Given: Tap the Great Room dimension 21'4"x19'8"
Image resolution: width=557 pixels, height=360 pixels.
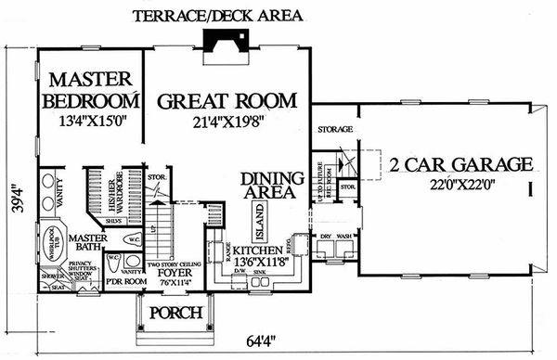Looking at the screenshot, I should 226,121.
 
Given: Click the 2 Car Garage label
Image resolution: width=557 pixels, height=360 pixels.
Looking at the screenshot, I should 462,166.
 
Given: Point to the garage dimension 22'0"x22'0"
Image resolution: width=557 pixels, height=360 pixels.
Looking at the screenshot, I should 462,185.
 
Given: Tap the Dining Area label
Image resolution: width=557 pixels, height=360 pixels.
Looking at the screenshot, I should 267,185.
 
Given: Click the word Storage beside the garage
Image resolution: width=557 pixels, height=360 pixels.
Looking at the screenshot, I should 331,131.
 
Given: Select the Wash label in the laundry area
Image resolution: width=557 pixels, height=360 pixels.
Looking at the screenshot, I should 344,237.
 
